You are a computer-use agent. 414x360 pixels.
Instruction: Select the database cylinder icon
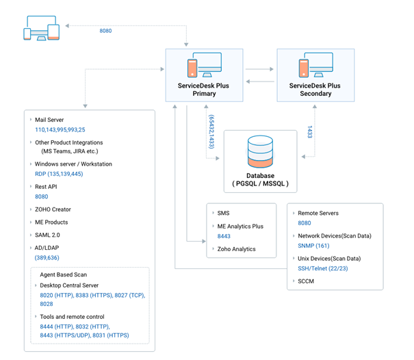260,153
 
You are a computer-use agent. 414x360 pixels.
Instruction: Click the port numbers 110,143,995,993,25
60,129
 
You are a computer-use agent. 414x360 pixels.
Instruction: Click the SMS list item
223,214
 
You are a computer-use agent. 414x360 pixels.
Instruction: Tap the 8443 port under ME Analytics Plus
224,236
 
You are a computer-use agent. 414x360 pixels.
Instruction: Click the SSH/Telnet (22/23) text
323,268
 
